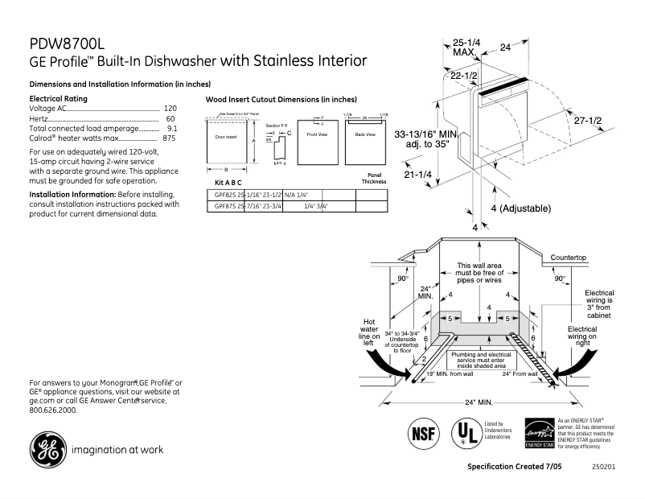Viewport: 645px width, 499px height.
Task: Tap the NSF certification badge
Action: [425, 432]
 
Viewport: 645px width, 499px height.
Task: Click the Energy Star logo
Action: [539, 433]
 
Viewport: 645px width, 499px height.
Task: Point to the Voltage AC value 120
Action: [170, 108]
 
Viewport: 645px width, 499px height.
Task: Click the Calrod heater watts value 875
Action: [169, 138]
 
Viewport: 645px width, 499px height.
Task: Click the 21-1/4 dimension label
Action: [418, 175]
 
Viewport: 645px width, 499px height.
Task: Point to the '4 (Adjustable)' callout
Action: [520, 208]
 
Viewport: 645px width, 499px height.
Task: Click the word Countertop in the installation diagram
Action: [569, 257]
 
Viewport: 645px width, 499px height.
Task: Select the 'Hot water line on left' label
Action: [369, 332]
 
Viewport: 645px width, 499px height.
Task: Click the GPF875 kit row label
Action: [218, 207]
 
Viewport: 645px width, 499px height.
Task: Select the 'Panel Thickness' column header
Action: [373, 178]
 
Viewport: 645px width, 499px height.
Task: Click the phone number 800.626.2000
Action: [53, 410]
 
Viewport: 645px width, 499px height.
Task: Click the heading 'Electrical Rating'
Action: [58, 98]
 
